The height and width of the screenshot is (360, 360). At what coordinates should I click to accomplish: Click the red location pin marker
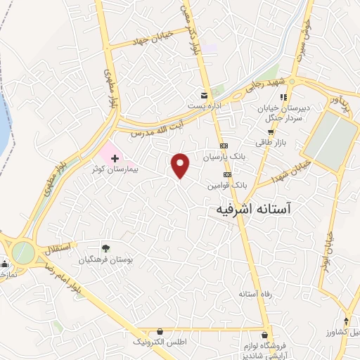(x=181, y=165)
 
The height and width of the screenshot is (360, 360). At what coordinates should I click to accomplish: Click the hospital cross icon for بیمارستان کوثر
(x=115, y=159)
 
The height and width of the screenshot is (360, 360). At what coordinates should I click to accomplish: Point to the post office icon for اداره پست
(x=205, y=95)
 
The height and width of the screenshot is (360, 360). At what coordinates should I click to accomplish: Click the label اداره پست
(x=205, y=106)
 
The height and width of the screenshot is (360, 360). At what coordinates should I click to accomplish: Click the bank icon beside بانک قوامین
(x=226, y=174)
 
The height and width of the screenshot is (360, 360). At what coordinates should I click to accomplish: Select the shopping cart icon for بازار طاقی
(x=270, y=131)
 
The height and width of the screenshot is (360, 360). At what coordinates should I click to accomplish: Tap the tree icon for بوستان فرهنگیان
(x=105, y=247)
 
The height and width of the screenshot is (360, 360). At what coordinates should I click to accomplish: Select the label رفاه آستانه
(x=255, y=293)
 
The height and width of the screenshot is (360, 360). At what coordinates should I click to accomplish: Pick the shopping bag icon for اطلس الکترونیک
(x=160, y=330)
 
